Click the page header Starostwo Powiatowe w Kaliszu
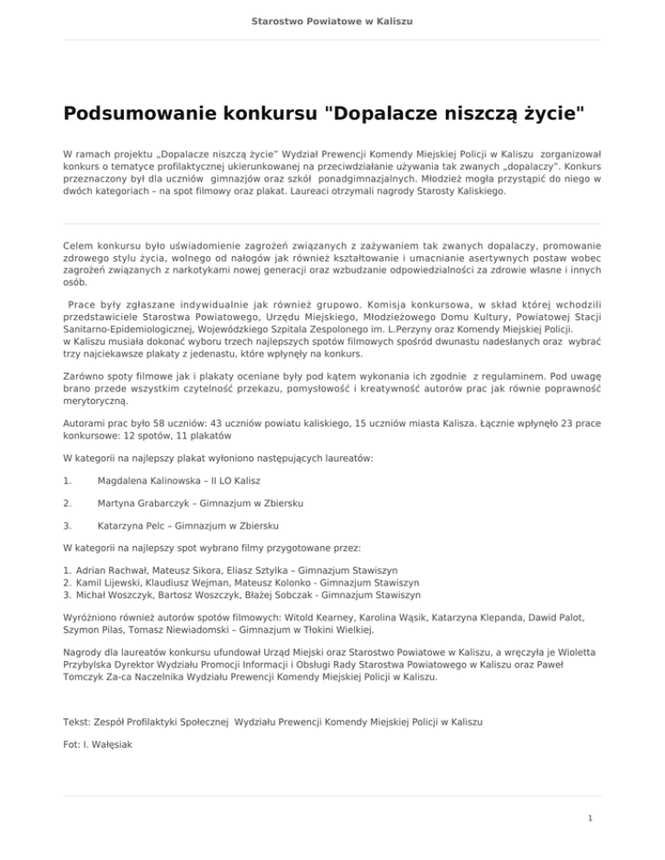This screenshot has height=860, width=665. click(x=332, y=19)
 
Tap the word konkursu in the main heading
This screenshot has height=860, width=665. click(x=275, y=113)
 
